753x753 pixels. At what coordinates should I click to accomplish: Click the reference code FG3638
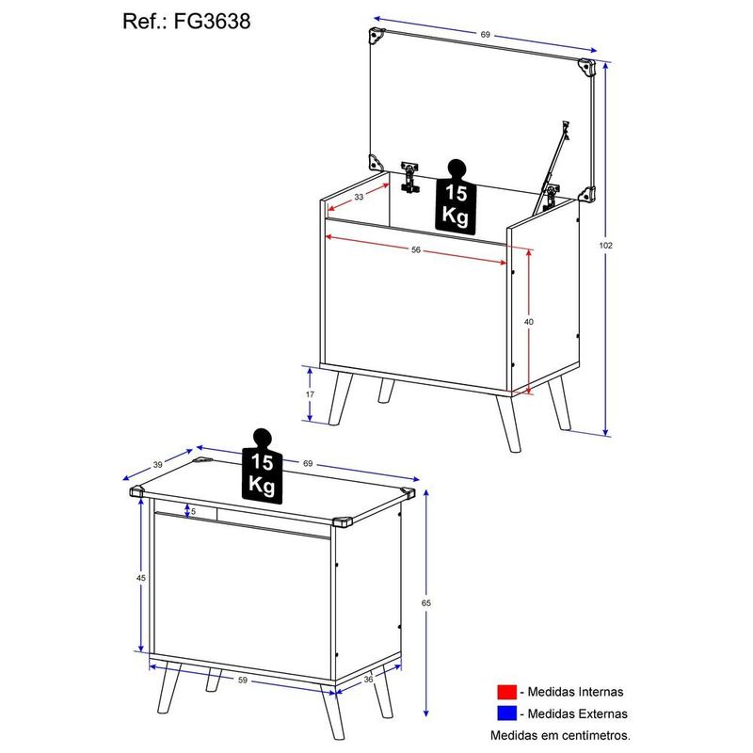[212, 22]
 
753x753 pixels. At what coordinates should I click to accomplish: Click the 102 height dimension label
[605, 246]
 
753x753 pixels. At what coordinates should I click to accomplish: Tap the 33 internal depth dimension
[359, 197]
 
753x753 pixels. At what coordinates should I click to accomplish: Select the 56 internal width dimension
[416, 249]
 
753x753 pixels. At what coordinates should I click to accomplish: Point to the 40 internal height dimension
[529, 322]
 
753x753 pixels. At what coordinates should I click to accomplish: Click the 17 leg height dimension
[310, 394]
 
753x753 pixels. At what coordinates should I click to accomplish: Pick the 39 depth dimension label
[157, 464]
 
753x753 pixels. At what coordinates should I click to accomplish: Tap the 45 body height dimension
[140, 578]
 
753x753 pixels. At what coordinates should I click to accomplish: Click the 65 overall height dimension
[426, 603]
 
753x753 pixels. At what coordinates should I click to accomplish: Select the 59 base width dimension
[243, 680]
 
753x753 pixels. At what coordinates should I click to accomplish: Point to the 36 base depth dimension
[368, 679]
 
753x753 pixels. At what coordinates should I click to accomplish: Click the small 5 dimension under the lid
[193, 512]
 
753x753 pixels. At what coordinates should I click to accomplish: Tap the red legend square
[506, 692]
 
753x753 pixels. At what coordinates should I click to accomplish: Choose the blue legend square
[506, 713]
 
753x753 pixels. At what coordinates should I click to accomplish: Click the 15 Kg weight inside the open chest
[456, 197]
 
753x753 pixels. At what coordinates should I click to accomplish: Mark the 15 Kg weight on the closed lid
[263, 466]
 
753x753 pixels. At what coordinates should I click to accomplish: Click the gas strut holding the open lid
[552, 167]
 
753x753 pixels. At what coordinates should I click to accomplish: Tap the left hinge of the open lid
[409, 176]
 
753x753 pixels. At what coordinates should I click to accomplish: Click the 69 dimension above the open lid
[485, 35]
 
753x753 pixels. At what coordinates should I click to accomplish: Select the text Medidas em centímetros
[560, 735]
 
